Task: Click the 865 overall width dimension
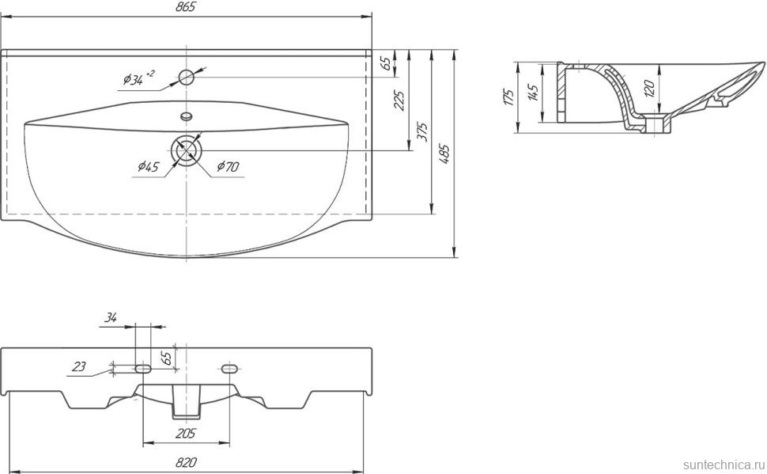click(186, 7)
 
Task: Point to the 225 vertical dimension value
click(399, 100)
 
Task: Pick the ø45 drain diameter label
click(147, 166)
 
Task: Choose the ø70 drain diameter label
click(228, 166)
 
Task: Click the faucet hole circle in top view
click(187, 77)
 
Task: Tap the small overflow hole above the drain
click(187, 116)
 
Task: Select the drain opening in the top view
click(187, 149)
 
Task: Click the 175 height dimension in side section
click(508, 97)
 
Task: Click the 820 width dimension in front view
click(186, 462)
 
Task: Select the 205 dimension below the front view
click(185, 434)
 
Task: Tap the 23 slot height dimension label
click(78, 366)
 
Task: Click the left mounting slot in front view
click(143, 370)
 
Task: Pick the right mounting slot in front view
click(229, 370)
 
